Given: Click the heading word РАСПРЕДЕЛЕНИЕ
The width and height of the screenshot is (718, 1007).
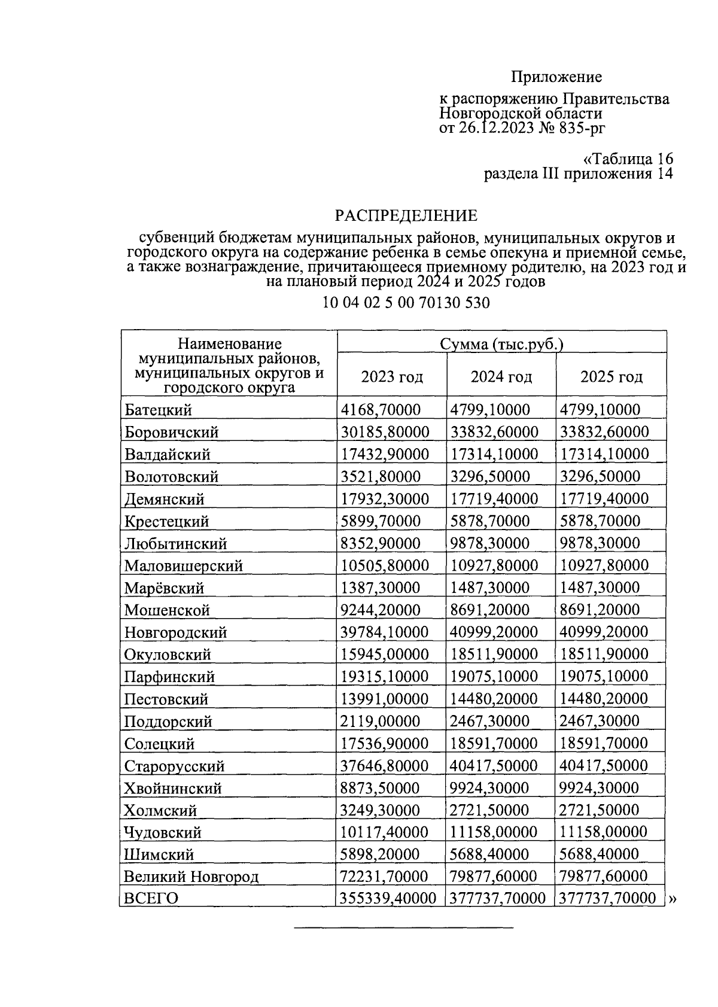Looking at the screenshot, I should tap(406, 215).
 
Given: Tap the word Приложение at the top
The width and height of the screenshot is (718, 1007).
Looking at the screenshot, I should tap(556, 77).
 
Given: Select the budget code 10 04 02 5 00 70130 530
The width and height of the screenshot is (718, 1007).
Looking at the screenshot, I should tap(406, 303).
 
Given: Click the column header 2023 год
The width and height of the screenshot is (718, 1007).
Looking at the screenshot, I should tap(392, 377).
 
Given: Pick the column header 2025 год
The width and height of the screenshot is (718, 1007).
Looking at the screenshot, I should tap(611, 377).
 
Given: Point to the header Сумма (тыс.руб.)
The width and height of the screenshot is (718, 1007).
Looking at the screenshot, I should tap(501, 344).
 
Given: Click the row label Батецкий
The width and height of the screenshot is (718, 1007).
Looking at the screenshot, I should tap(158, 410).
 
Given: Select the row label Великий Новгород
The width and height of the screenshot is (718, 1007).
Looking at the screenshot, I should tap(191, 877).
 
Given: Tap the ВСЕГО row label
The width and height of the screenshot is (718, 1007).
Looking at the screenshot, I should tap(151, 898).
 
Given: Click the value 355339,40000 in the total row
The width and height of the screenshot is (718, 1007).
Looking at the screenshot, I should tap(388, 898).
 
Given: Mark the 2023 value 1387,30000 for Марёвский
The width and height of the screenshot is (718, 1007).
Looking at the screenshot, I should tap(381, 588).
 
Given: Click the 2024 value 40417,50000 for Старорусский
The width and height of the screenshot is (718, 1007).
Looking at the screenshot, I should tap(494, 766).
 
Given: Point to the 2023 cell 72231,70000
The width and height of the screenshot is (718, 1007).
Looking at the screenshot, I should tap(384, 877).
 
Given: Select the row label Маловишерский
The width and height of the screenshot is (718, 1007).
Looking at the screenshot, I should tap(183, 565).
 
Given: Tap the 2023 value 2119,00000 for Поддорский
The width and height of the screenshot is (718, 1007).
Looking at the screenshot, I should tap(381, 721).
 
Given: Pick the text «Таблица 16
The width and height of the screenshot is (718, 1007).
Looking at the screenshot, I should tap(628, 159).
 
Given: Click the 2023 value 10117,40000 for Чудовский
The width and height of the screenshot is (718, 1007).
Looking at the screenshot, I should tap(384, 832).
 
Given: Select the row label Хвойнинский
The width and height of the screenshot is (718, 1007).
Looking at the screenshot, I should tap(172, 788).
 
